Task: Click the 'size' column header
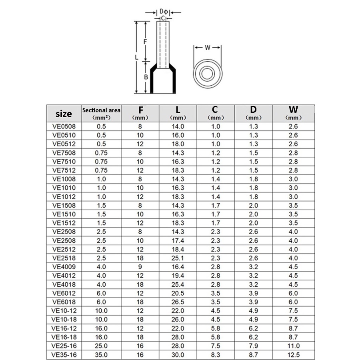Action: pos(64,114)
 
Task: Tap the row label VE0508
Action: pos(64,126)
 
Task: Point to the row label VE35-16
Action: pos(64,354)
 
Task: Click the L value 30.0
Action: pos(178,354)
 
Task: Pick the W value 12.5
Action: pos(293,354)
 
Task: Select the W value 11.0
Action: pos(293,346)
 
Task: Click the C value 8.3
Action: pos(216,354)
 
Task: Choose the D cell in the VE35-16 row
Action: pos(253,354)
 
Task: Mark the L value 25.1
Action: pos(178,249)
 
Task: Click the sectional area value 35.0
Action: pos(101,354)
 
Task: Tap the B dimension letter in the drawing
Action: pos(146,77)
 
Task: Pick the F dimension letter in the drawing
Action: pos(146,41)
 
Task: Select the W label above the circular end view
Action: pos(207,48)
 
